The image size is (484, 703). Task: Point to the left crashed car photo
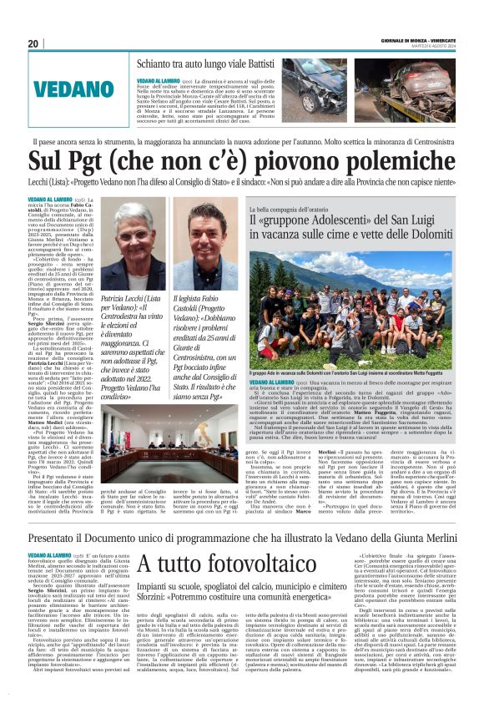coord(317,85)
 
